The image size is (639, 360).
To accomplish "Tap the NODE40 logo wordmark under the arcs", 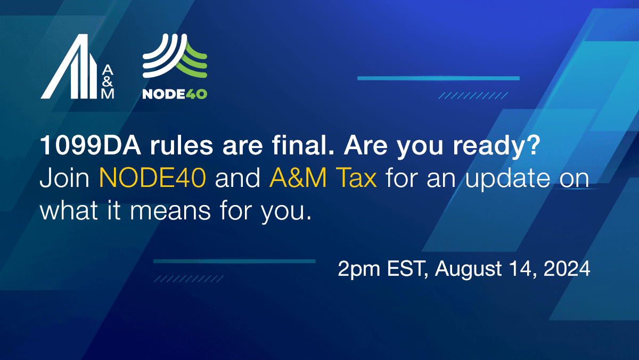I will [x=175, y=94].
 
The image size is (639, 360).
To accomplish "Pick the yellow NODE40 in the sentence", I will [x=152, y=179].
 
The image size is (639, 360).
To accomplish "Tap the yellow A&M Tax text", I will [x=323, y=179].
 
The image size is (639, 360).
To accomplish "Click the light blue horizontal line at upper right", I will [x=438, y=78].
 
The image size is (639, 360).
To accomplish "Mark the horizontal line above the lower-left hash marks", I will [x=234, y=261].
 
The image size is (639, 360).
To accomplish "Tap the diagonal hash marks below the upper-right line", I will [x=473, y=96].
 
